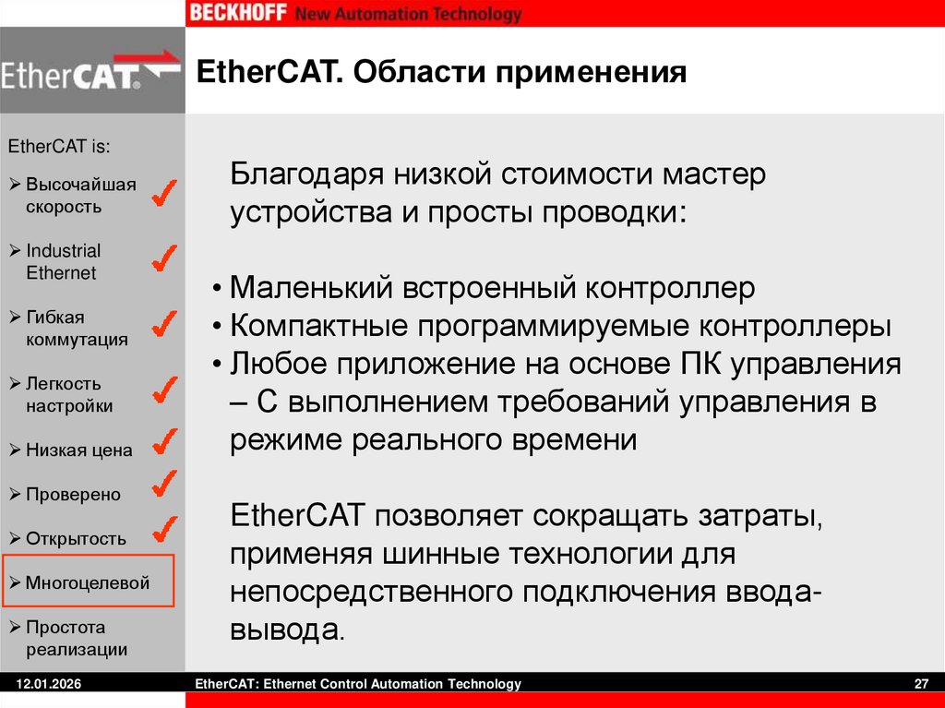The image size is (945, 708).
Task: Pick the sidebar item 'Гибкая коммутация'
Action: pos(76,328)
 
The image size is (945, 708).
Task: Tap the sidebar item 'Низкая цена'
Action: pos(78,450)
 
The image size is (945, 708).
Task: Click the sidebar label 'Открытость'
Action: pos(76,538)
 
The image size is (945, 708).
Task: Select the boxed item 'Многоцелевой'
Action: pos(87,582)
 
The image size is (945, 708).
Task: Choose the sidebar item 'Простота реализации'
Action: pos(76,638)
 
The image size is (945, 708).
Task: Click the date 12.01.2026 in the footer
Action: pos(42,684)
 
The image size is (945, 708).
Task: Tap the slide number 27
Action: pos(920,684)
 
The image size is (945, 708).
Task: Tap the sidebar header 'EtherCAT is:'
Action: pos(59,146)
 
